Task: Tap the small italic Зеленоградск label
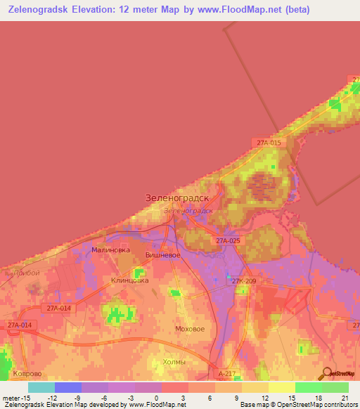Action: click(187, 210)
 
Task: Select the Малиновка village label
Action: click(111, 249)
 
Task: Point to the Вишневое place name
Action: click(162, 255)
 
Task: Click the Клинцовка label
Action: click(130, 280)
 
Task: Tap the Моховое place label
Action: click(190, 329)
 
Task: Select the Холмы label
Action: click(174, 361)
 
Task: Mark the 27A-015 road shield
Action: click(268, 143)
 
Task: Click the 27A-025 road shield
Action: click(228, 241)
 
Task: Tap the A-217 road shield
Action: click(226, 375)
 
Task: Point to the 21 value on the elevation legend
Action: click(345, 398)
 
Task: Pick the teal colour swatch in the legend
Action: click(41, 387)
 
